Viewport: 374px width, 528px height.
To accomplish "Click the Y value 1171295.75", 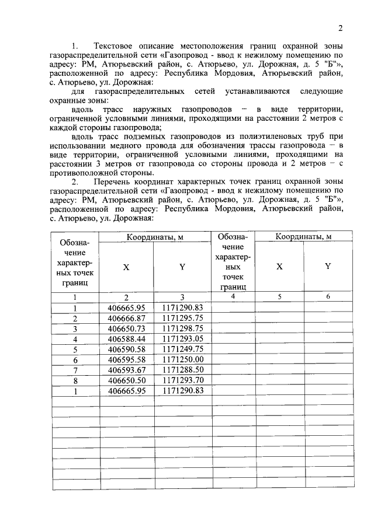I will coord(182,319).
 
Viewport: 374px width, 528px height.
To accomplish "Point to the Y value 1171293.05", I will coord(182,339).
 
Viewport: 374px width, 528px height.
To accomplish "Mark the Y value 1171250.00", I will coord(182,359).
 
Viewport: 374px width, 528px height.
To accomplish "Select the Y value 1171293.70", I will coord(182,380).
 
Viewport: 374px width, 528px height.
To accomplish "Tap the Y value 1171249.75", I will coord(182,349).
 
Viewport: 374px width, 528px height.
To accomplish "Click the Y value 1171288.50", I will coord(182,370).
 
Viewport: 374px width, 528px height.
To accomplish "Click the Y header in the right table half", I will coord(328,266).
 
